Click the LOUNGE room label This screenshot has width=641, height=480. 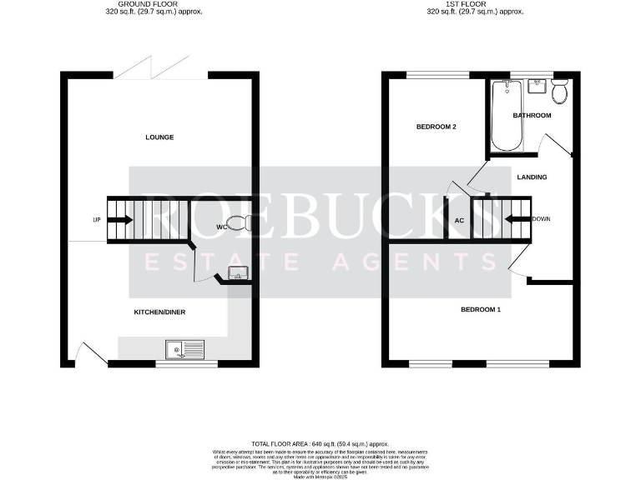point(159,137)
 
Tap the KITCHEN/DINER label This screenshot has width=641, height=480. point(159,312)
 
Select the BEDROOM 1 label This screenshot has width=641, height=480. point(482,310)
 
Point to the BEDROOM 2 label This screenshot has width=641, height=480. point(436,127)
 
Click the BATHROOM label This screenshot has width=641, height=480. point(532,115)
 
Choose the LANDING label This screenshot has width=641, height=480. point(532,177)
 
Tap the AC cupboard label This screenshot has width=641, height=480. point(459,221)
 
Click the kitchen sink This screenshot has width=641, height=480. point(184,350)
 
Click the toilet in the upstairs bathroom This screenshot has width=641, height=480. point(559,90)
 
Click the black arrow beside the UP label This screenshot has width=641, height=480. point(120,220)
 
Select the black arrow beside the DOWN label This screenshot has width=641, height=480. point(518,220)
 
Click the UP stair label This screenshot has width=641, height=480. point(97,220)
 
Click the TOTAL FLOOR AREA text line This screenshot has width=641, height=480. point(320,444)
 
